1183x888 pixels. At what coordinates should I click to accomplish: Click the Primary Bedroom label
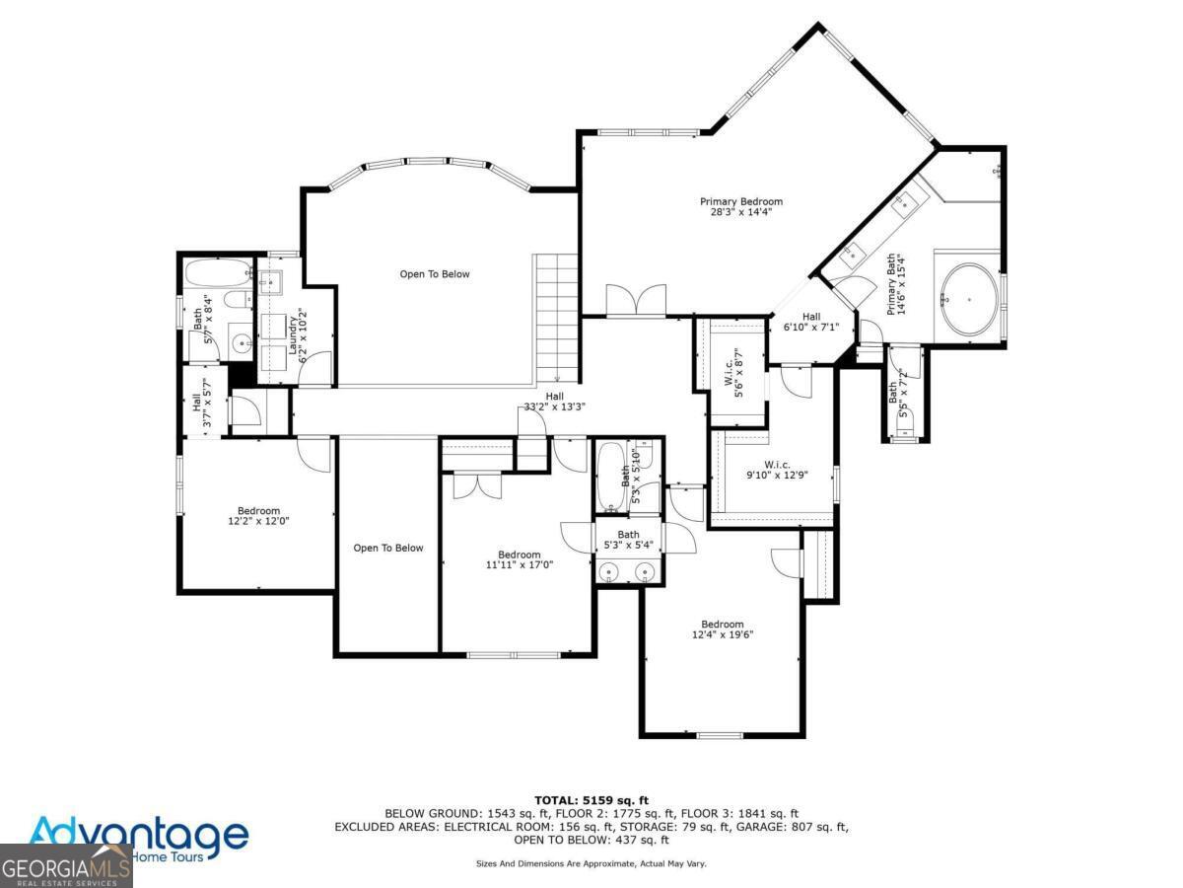(x=740, y=206)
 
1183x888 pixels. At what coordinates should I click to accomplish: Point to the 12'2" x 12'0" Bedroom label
(x=257, y=515)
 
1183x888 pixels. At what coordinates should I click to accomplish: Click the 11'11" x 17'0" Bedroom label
(x=519, y=559)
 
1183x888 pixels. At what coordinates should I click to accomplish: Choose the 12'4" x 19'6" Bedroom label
(x=722, y=629)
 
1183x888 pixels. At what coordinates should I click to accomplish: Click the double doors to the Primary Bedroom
(x=635, y=300)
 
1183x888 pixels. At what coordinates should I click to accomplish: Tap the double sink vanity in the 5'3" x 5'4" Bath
(x=628, y=569)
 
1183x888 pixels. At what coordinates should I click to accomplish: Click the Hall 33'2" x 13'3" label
(x=554, y=401)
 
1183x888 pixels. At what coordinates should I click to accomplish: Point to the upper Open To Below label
(x=435, y=274)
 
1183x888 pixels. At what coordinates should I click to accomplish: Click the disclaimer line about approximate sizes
(x=591, y=863)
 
